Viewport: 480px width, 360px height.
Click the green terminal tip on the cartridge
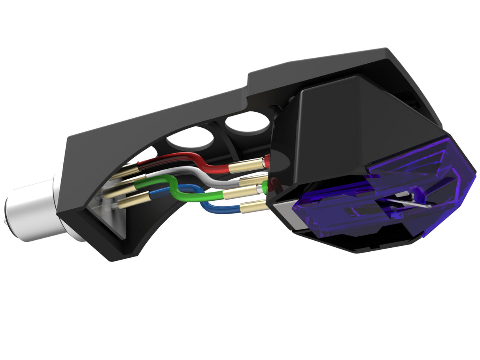click(265, 186)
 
